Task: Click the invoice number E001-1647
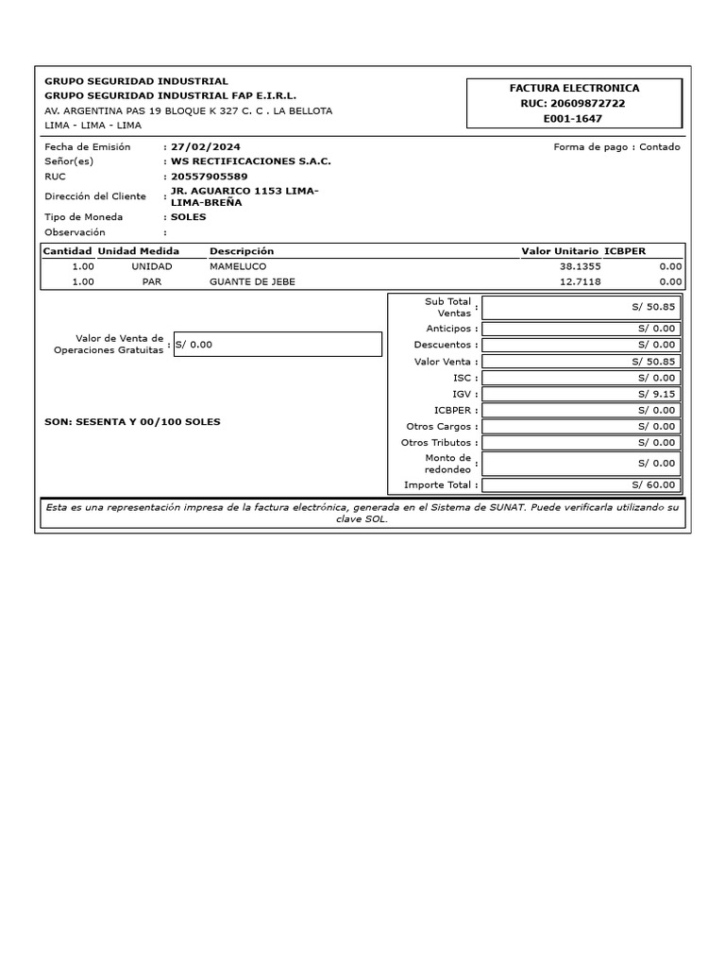pos(573,119)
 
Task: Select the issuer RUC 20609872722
pos(573,103)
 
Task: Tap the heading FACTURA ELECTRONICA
pos(573,88)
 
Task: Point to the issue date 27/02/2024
pos(205,147)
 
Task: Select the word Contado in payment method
pos(659,147)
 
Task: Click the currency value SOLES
pos(188,217)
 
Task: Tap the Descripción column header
pos(242,251)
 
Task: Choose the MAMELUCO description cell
pos(232,266)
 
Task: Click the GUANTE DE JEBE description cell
pos(245,281)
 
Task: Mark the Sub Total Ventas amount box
pos(580,307)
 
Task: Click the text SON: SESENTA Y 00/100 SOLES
pos(132,421)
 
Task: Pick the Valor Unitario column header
pos(560,251)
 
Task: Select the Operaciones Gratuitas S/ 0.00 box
pos(278,345)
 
